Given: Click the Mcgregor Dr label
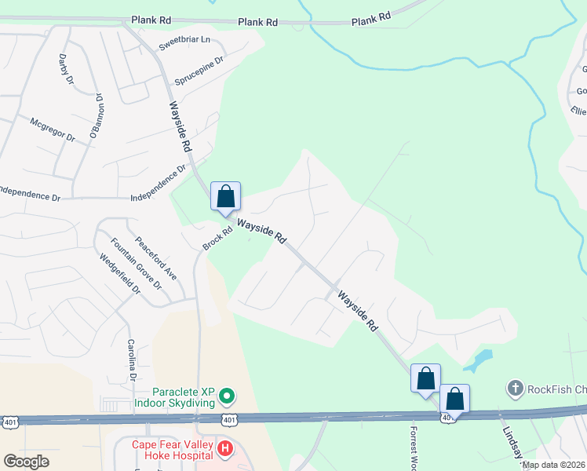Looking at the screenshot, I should (x=52, y=130).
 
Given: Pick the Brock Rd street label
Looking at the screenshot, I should (x=218, y=239).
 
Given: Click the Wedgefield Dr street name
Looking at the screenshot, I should (x=119, y=274).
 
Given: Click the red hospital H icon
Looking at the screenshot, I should (x=225, y=448).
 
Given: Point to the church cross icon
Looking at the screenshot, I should (x=515, y=388).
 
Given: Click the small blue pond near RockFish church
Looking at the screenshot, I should (x=478, y=361).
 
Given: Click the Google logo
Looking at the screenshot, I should (x=25, y=461).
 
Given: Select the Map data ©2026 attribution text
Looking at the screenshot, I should (x=553, y=465).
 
